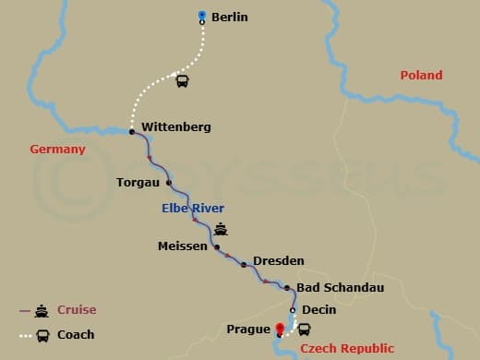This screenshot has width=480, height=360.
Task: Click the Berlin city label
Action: pyautogui.click(x=230, y=17)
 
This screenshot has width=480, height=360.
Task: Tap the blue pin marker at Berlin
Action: pyautogui.click(x=203, y=15)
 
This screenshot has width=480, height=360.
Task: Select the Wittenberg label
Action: pyautogui.click(x=176, y=126)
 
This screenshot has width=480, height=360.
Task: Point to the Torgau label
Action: pyautogui.click(x=138, y=182)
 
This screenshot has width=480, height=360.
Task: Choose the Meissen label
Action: pyautogui.click(x=183, y=246)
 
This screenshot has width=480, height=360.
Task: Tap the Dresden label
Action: pyautogui.click(x=278, y=261)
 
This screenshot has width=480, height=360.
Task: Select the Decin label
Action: pyautogui.click(x=318, y=311)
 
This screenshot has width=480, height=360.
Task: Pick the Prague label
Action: pyautogui.click(x=248, y=328)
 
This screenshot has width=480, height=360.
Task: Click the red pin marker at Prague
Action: pyautogui.click(x=280, y=327)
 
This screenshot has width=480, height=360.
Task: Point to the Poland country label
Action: pyautogui.click(x=421, y=75)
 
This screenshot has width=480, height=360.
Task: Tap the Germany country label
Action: pyautogui.click(x=57, y=149)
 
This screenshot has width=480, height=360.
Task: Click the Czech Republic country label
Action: pyautogui.click(x=346, y=348)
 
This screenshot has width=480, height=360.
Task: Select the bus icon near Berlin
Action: pyautogui.click(x=183, y=81)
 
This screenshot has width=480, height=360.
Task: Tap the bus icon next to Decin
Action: pyautogui.click(x=304, y=329)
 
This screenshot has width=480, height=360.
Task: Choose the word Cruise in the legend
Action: pyautogui.click(x=77, y=310)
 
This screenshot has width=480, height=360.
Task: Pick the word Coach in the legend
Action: pyautogui.click(x=76, y=334)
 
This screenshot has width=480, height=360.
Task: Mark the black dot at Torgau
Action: pyautogui.click(x=169, y=182)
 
